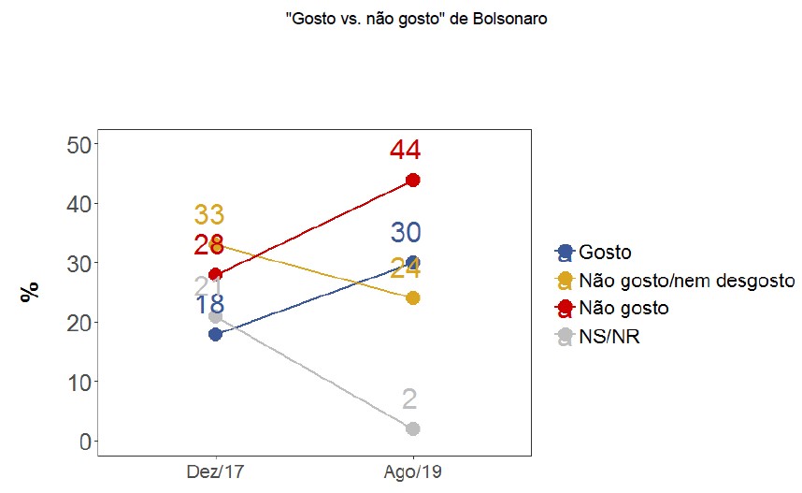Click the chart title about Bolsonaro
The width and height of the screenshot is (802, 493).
[x=417, y=20]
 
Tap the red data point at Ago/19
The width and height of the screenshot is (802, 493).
[x=412, y=180]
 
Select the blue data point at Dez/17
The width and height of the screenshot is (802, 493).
[x=216, y=334]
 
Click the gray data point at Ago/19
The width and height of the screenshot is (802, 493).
[x=412, y=428]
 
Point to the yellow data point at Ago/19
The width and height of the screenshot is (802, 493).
[x=412, y=297]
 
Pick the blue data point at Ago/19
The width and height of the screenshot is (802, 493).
[x=412, y=262]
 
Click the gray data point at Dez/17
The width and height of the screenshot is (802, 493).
[x=216, y=316]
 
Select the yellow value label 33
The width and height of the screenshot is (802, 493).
[x=209, y=214]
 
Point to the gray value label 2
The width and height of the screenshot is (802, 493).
[x=409, y=399]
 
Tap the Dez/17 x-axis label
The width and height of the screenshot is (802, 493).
[x=216, y=470]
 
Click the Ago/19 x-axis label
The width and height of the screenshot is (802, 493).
[x=412, y=470]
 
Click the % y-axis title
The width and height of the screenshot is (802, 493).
[x=31, y=292]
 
